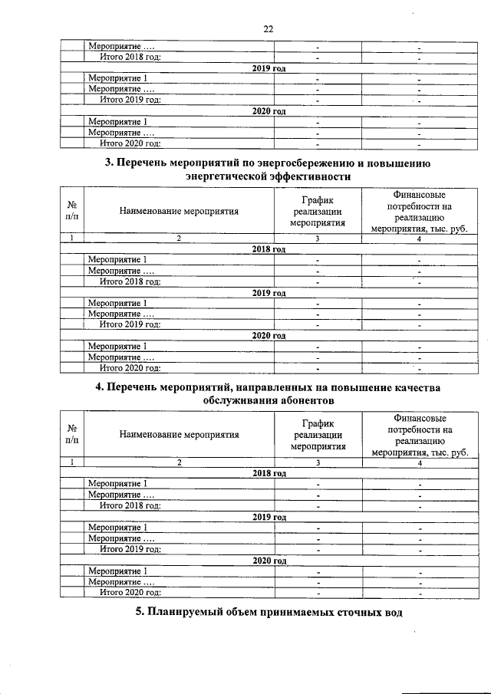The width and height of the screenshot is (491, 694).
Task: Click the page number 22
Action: tap(269, 29)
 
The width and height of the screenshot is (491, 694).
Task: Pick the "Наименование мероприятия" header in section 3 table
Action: tap(179, 209)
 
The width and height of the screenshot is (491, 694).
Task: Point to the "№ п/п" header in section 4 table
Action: tap(71, 433)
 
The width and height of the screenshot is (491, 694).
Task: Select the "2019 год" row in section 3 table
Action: tap(269, 292)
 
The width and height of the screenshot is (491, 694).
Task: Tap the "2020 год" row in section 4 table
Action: tap(269, 561)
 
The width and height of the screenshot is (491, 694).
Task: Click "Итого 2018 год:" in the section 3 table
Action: tap(130, 281)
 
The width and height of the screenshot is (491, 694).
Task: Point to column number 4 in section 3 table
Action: tap(420, 238)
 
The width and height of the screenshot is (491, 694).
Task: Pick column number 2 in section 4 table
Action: tap(179, 463)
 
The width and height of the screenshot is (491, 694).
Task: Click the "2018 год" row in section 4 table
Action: tap(269, 474)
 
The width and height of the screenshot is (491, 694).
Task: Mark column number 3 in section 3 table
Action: tap(317, 238)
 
